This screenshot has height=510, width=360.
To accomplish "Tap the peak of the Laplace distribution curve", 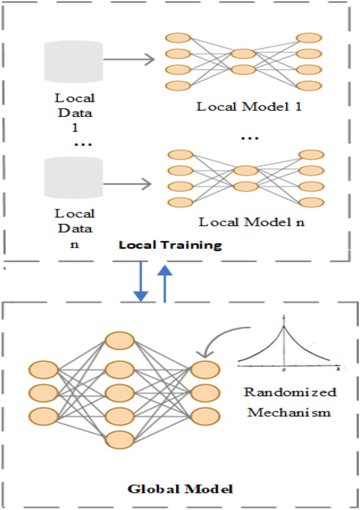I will pyautogui.click(x=284, y=328).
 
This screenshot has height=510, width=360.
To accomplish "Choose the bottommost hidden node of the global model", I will pyautogui.click(x=120, y=438).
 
